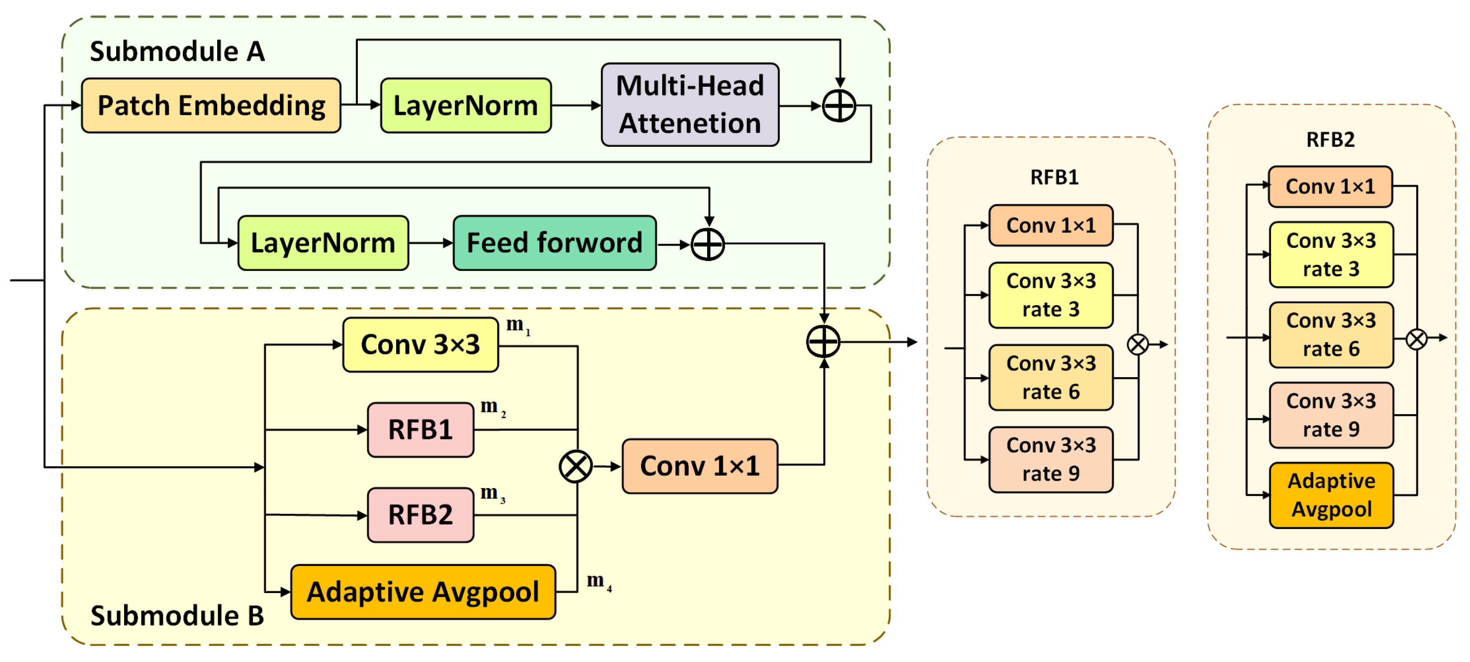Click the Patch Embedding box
point(211,105)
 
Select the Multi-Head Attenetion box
point(690,105)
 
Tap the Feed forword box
point(554,243)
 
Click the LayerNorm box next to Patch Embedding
point(466,105)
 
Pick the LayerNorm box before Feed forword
point(323,243)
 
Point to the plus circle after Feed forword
point(708,245)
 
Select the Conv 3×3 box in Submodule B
point(421,345)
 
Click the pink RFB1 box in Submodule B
point(421,430)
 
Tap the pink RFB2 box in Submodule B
point(421,515)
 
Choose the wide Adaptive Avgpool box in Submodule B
point(423,592)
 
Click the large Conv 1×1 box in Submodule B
point(700,466)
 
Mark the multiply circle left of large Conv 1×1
point(575,466)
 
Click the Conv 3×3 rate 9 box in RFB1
point(1051,460)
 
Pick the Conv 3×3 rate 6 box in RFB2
point(1331,335)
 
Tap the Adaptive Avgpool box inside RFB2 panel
point(1331,495)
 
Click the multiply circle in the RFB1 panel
point(1137,344)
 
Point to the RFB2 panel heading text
point(1330,139)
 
